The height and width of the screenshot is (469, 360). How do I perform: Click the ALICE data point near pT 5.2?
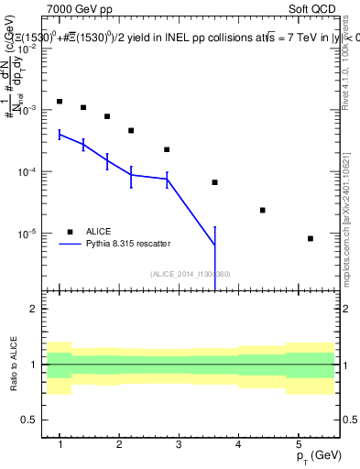[311, 238]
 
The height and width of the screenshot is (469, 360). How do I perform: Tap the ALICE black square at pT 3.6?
[214, 182]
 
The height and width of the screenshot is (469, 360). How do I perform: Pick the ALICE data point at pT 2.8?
[167, 149]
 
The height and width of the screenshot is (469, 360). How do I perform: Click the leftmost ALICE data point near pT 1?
[60, 102]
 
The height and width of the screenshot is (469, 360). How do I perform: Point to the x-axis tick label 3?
[179, 444]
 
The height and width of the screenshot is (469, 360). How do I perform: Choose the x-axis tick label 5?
[298, 444]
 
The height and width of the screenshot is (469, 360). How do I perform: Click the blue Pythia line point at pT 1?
[60, 134]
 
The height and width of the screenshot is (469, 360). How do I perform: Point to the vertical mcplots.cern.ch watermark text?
[352, 238]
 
